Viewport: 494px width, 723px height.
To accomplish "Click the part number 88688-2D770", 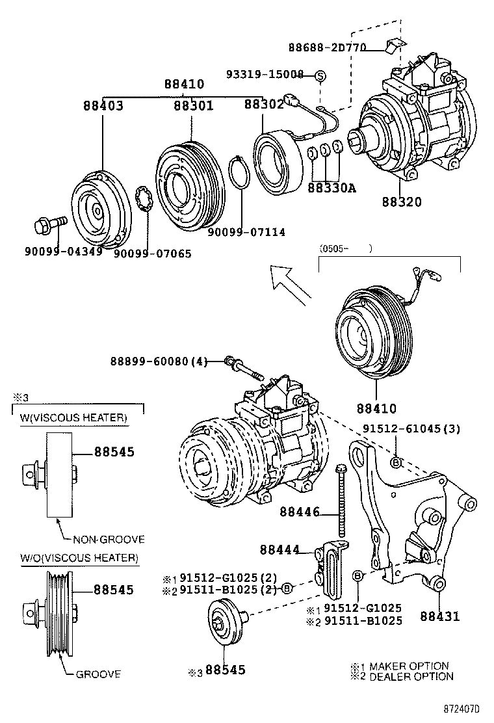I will [328, 47].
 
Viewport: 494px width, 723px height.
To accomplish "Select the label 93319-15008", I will [265, 75].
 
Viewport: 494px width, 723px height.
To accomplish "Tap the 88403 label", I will [103, 105].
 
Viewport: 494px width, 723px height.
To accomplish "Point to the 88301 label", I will [193, 105].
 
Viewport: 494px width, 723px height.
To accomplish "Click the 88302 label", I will [264, 105].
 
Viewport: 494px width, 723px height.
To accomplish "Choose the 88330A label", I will [331, 188].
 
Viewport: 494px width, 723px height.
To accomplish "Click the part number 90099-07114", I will [246, 232].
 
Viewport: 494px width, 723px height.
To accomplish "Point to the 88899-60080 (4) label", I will [158, 361].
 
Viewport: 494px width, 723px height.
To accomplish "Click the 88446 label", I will [300, 512].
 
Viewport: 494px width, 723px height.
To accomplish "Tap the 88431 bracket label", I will [439, 615].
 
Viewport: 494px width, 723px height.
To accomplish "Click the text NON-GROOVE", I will [109, 539].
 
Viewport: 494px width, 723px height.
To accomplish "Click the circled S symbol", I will [320, 76].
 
